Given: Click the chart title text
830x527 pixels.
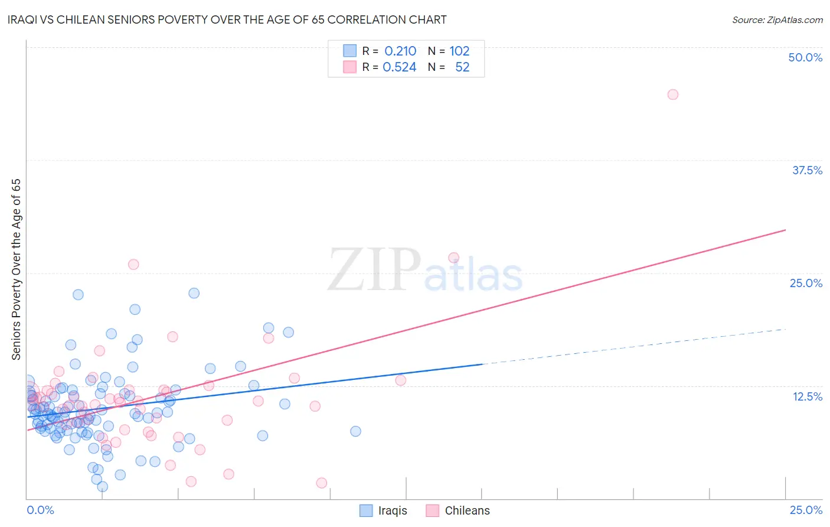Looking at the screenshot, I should pos(227,19).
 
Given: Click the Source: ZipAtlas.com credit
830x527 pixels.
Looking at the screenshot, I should pos(777,19).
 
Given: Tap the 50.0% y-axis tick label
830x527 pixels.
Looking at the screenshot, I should pos(805,57).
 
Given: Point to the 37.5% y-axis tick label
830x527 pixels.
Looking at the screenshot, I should pos(807,170).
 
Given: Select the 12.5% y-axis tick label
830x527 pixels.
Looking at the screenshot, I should pos(807,396).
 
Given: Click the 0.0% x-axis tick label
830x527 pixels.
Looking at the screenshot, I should pos(40,510).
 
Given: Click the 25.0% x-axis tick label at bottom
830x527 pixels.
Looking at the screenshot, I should pos(806,510).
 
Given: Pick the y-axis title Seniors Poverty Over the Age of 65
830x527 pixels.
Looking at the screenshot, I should pos(16,269).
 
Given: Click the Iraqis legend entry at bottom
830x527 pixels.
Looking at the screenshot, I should pos(393,510).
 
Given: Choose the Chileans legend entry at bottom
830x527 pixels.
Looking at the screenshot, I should pos(467,510).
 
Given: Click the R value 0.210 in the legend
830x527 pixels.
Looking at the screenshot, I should pos(400,51).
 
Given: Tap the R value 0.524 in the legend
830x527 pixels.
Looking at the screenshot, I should pos(400,67).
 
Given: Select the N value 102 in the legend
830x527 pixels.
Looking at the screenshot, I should pos(459,51).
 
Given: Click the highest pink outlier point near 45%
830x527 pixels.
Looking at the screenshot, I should pos(672,95).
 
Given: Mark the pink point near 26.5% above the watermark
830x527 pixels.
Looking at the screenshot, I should pos(453,258).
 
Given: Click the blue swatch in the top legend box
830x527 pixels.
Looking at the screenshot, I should pos(350,51).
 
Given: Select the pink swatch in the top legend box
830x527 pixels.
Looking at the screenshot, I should pos(350,67).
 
